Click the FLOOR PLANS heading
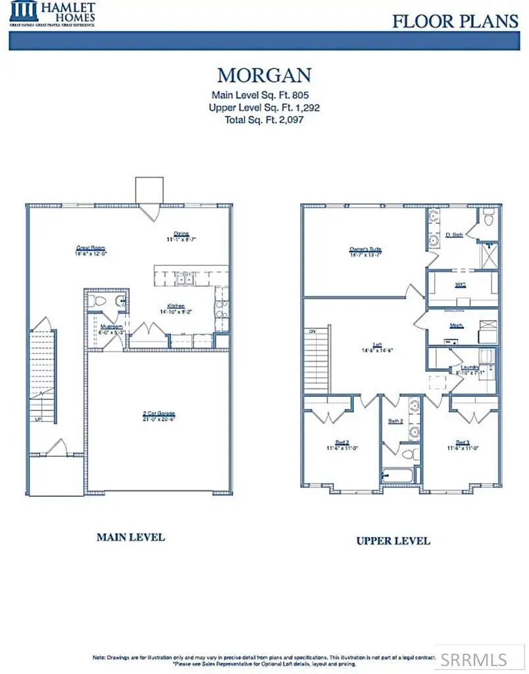(x=455, y=21)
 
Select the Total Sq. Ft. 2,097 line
(x=265, y=120)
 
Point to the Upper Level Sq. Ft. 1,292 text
(x=264, y=107)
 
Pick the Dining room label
(x=182, y=234)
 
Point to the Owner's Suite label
(x=366, y=250)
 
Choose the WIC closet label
(x=461, y=285)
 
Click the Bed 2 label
(x=341, y=443)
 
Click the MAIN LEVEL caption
(x=130, y=537)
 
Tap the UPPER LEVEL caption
(x=393, y=540)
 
